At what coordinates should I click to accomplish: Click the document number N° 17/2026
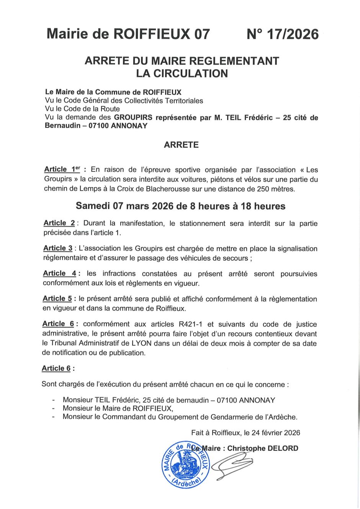coord(283,34)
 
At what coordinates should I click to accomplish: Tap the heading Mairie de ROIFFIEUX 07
coord(128,34)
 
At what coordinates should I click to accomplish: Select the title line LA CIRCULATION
coord(182,73)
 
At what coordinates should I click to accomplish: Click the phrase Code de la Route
coord(92,109)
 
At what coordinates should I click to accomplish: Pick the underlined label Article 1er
coord(62,169)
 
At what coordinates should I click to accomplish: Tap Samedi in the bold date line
coord(93,206)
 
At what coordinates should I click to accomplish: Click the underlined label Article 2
coord(59,223)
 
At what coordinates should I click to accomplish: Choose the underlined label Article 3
coord(58,248)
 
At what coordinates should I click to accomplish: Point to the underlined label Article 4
coord(59,273)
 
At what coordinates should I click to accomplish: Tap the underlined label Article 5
coord(57,299)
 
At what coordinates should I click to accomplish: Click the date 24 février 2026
coord(276,432)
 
